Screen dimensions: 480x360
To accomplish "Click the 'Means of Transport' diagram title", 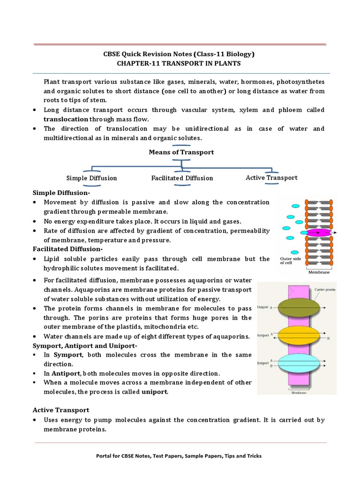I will coord(181,152).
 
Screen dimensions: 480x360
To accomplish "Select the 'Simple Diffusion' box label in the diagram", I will coord(91,178).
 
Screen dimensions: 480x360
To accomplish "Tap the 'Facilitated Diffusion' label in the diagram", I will coord(182,178).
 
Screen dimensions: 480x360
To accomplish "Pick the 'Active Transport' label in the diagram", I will coord(271,178).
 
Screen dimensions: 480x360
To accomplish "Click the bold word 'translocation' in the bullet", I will coord(66,119).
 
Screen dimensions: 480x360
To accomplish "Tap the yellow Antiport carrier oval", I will coord(299,335).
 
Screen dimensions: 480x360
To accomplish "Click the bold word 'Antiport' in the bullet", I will coord(67,374).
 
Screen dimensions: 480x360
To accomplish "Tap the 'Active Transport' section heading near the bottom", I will coord(61,410).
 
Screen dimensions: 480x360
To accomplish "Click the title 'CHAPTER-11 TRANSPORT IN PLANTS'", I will coord(180,63).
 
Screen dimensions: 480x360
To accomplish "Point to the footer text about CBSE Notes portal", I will coord(180,456).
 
